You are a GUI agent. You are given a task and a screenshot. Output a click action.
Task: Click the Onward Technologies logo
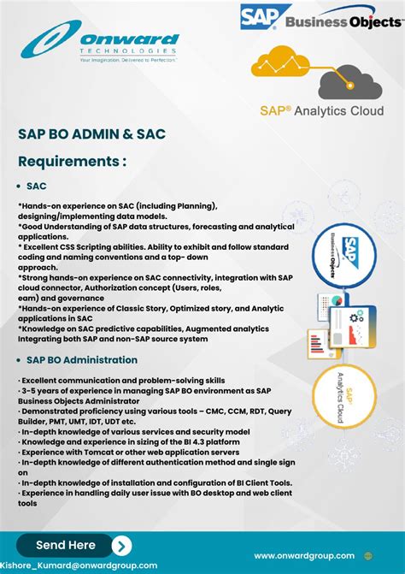(101, 44)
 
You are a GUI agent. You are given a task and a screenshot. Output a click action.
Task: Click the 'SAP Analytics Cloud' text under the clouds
(321, 110)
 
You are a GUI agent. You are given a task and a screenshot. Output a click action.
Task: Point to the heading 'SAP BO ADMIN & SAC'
(91, 134)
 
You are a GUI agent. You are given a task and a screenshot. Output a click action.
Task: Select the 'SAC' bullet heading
(37, 186)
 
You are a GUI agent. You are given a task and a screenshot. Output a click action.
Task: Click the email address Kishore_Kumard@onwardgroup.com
(79, 565)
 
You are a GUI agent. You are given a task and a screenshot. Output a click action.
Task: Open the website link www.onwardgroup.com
(304, 555)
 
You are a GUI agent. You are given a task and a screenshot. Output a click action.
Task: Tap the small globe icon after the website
(368, 555)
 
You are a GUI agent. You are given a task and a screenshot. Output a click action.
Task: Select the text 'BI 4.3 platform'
(196, 441)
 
